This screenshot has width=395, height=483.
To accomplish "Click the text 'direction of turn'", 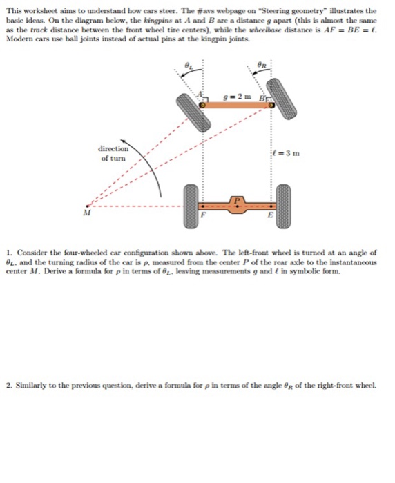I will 113,153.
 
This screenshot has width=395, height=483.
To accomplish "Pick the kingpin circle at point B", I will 270,105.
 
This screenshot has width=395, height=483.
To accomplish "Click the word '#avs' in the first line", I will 220,12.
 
